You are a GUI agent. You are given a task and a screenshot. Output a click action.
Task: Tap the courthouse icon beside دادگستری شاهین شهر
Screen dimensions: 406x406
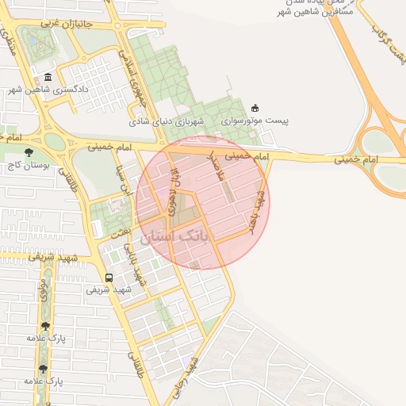coord(48,77)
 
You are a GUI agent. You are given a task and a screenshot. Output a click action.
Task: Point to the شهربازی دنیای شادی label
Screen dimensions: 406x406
coord(168,121)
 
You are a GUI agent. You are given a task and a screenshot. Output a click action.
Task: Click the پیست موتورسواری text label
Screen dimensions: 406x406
coord(255,121)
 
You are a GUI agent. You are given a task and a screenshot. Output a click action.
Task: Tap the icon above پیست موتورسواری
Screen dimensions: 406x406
coord(255,108)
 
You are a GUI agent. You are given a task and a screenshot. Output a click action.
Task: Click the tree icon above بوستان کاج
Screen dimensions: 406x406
coord(29,152)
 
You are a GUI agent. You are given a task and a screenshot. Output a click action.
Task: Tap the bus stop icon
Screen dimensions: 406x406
coord(109,278)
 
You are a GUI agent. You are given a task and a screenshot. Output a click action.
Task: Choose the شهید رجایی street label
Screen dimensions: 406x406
coord(188,377)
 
